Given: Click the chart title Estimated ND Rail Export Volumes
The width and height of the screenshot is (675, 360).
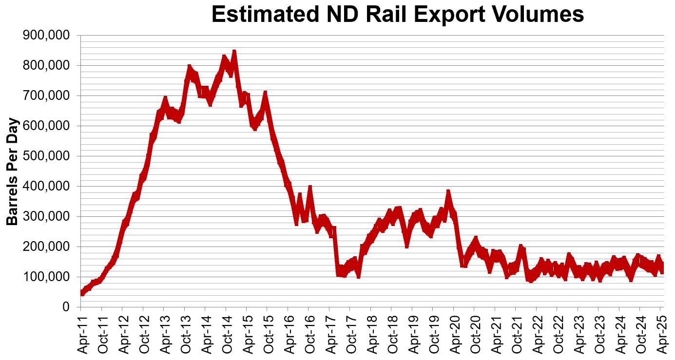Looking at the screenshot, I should pos(397,15).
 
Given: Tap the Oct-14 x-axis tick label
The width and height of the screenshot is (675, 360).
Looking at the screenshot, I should pos(227,336).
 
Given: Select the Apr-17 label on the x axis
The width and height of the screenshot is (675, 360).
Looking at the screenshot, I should pos(330,336).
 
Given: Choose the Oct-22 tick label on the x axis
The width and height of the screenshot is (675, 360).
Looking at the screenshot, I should pos(558,336).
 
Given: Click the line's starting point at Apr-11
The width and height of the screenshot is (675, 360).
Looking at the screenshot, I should pos(81,293).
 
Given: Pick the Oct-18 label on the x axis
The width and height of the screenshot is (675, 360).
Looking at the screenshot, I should pos(392,336).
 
